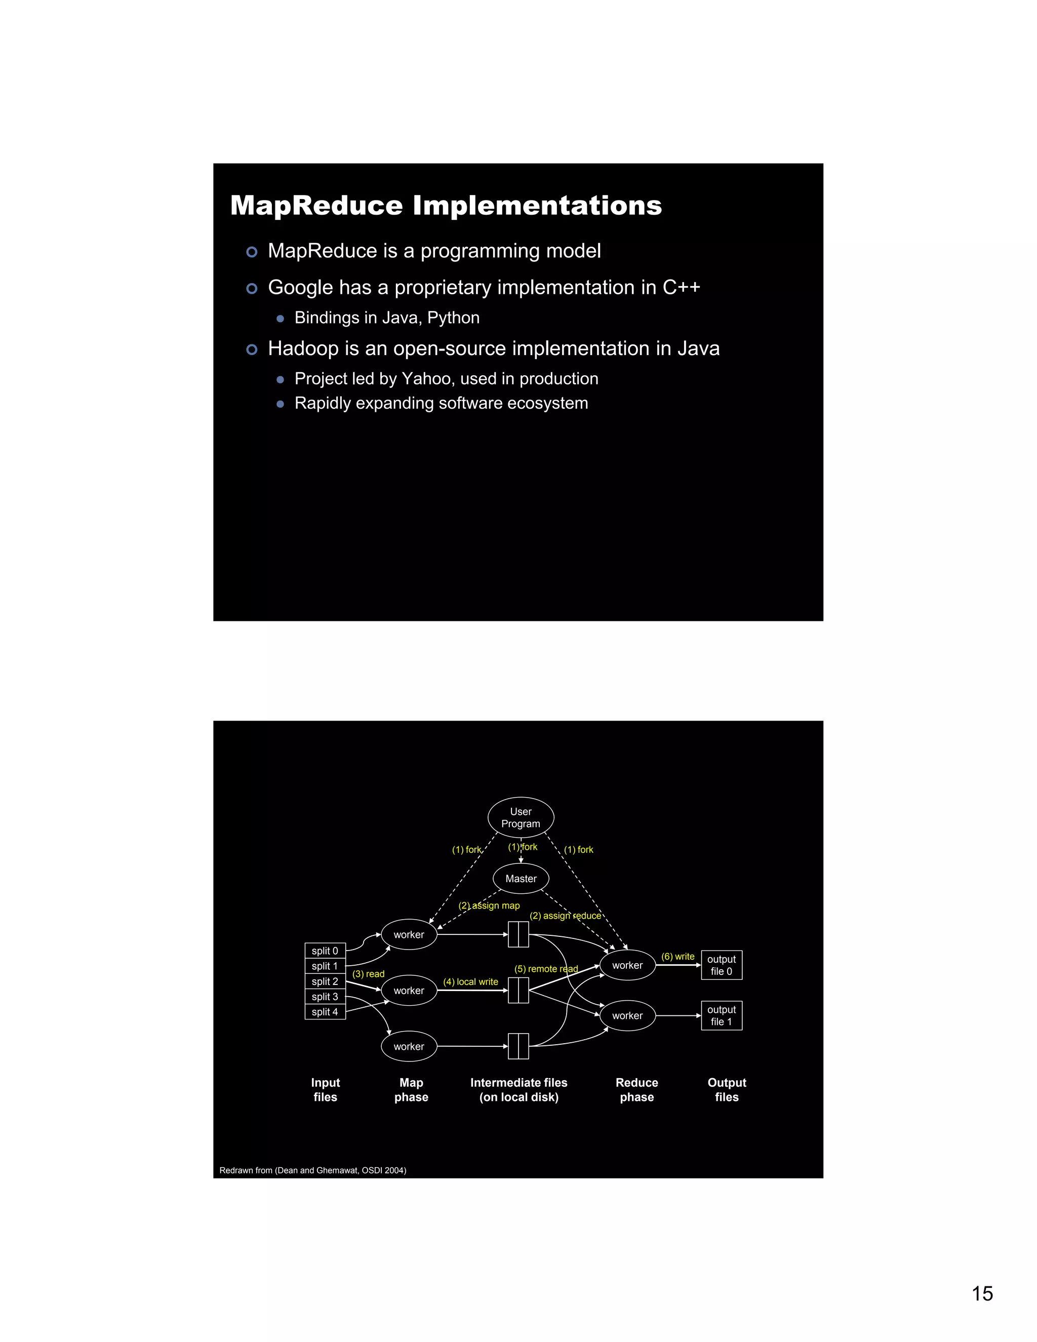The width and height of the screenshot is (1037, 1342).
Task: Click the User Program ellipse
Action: coord(521,817)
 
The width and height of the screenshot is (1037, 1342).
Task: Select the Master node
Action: coord(521,879)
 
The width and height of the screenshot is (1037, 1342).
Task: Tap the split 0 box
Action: coord(325,951)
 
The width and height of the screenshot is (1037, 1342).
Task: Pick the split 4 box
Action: coord(325,1011)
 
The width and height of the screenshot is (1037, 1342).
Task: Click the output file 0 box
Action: coord(721,965)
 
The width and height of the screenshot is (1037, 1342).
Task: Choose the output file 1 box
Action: coord(721,1015)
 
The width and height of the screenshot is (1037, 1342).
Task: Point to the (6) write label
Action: coord(677,956)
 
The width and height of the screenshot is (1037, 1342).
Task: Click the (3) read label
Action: coord(368,974)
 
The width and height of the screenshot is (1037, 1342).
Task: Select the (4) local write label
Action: coord(470,982)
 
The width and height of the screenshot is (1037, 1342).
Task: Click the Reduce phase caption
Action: coord(636,1089)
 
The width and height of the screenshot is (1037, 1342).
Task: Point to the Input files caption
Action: coord(325,1089)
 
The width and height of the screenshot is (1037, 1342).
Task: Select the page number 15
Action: coord(982,1293)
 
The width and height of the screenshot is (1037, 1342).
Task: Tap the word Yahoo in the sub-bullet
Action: coord(427,378)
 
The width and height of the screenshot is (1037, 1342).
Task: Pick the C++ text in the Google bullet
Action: coord(681,288)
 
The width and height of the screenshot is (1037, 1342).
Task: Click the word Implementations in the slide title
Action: coord(537,205)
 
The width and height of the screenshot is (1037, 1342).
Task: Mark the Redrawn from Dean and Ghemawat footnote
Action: coord(313,1170)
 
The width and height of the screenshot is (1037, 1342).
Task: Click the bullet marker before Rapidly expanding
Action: coord(280,404)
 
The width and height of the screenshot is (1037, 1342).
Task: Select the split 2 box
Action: coord(325,981)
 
